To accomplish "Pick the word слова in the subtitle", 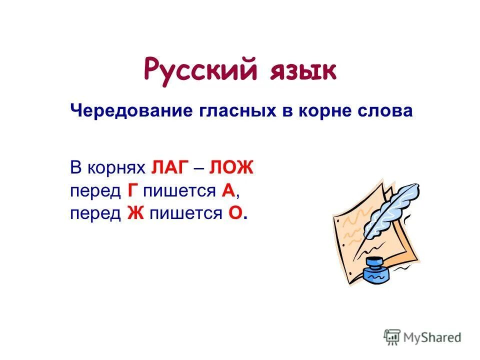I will point(388,110).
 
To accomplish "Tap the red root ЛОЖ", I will point(231,168).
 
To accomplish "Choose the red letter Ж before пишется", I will point(132,213).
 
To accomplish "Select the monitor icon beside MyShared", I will point(393,337).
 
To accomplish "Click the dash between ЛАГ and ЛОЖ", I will point(198,168).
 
